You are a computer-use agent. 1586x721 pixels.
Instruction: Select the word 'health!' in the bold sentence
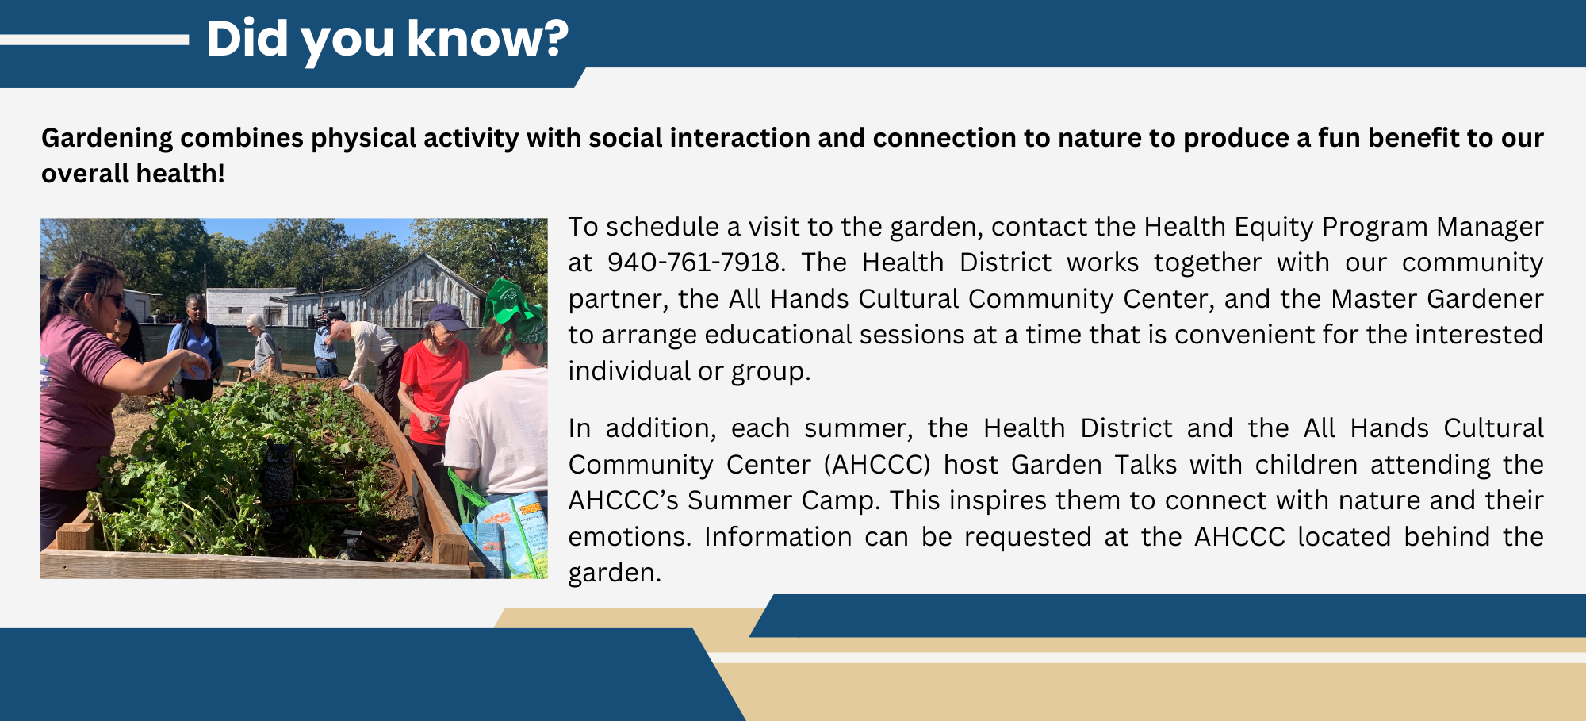[x=180, y=174]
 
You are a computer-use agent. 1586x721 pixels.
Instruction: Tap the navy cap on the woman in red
[x=446, y=316]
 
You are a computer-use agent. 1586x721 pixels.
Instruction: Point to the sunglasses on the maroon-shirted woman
[x=113, y=299]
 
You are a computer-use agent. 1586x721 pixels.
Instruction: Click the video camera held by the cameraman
[x=326, y=318]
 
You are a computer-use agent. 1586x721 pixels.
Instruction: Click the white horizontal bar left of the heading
[x=94, y=40]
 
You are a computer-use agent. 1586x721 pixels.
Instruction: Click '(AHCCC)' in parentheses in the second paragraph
[x=877, y=465]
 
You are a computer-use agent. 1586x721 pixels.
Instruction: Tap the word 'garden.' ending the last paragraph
[x=614, y=573]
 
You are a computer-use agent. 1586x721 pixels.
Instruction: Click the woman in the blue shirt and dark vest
[x=193, y=345]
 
